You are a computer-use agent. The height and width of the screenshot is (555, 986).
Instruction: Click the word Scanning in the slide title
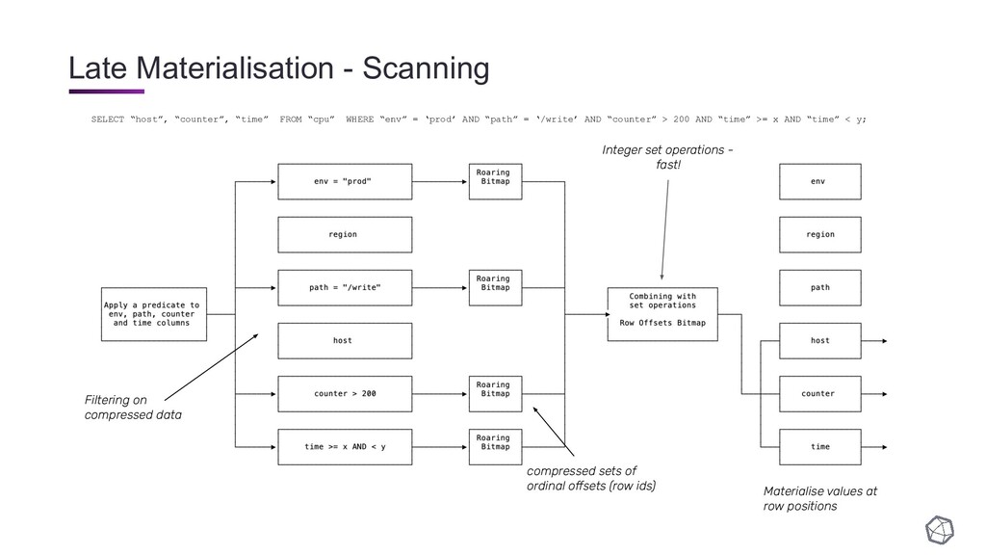426,68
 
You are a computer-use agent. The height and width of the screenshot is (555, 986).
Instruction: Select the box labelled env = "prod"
345,182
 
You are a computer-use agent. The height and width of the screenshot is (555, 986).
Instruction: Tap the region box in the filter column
345,235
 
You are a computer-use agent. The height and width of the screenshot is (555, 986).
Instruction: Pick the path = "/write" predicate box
345,287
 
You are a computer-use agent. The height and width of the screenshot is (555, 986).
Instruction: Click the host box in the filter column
345,341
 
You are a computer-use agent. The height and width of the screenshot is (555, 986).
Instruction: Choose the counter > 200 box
345,394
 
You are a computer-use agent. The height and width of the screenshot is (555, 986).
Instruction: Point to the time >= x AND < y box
345,447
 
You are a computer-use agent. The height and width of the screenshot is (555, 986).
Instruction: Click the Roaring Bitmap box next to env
496,182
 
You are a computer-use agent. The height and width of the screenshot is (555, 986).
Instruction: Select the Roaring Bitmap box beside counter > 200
496,394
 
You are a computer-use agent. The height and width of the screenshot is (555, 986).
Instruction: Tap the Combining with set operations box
662,315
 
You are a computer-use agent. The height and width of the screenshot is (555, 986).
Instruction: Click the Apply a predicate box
154,315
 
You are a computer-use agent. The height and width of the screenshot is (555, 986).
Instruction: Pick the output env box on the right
820,182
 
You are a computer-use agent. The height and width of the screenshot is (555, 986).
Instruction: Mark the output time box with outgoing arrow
820,447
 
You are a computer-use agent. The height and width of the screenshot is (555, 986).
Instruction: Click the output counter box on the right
820,394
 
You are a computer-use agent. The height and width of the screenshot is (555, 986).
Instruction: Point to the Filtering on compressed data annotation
133,408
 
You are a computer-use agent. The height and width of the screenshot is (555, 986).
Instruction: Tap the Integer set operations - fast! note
667,157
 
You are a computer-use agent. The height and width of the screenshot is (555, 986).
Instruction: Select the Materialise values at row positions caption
820,498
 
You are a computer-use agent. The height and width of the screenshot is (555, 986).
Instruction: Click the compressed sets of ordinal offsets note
591,478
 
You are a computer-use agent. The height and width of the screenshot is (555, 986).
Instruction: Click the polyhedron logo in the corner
940,530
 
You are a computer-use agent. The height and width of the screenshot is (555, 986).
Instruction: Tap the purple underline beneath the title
107,92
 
